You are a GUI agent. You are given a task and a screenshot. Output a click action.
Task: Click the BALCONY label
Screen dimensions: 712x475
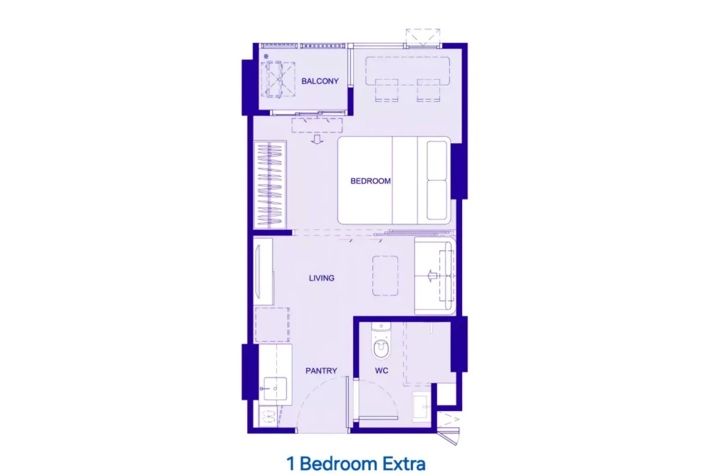[320, 81]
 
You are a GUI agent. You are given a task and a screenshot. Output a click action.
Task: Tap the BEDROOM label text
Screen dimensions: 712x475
[370, 181]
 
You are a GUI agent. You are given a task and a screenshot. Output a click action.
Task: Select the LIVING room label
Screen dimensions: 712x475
[322, 278]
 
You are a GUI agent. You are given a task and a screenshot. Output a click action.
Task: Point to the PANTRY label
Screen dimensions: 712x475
[321, 370]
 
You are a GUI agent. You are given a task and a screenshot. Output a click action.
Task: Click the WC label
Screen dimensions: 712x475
[382, 370]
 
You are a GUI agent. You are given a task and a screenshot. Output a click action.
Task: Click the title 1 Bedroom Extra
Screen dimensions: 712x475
[356, 464]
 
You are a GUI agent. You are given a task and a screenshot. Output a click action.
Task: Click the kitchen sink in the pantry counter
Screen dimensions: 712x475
[274, 388]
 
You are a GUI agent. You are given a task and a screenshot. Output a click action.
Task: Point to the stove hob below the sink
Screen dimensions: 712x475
[268, 417]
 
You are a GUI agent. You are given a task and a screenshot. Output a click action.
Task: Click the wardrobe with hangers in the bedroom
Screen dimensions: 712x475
[270, 185]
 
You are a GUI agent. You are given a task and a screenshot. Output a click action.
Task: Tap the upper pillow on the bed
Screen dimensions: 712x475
[437, 160]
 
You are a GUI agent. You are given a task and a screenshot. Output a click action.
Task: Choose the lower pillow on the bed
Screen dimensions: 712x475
[437, 200]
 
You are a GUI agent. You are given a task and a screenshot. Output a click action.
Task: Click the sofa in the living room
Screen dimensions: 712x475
[435, 276]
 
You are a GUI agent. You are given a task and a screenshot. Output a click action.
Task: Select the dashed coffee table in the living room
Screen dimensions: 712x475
[385, 276]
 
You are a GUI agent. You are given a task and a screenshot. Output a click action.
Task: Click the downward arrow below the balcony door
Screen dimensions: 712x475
[317, 139]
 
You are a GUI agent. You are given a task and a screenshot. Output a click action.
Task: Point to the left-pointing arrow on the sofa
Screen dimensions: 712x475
[432, 276]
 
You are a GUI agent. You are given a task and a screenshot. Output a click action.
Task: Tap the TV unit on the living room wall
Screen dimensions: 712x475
[263, 271]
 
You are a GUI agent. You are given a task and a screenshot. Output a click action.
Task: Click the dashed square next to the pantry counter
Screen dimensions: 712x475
[272, 324]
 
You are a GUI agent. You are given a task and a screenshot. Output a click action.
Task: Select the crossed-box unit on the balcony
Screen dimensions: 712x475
[278, 80]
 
